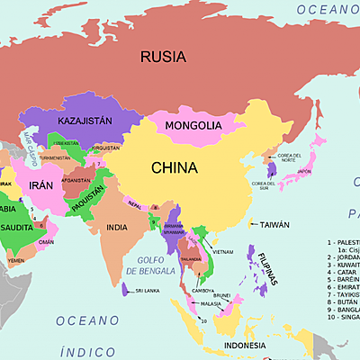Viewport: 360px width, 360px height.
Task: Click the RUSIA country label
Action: point(163,57)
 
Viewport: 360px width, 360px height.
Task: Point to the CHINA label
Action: point(175,167)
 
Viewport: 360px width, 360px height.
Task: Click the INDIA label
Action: point(117,227)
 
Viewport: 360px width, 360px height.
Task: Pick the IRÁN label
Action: point(42,184)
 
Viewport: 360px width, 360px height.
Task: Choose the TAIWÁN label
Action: point(275,225)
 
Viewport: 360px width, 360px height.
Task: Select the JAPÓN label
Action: point(305,171)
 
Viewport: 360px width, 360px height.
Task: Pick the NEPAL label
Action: point(135,205)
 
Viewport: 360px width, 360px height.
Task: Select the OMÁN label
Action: point(47,241)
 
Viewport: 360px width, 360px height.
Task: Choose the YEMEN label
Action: point(16,260)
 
